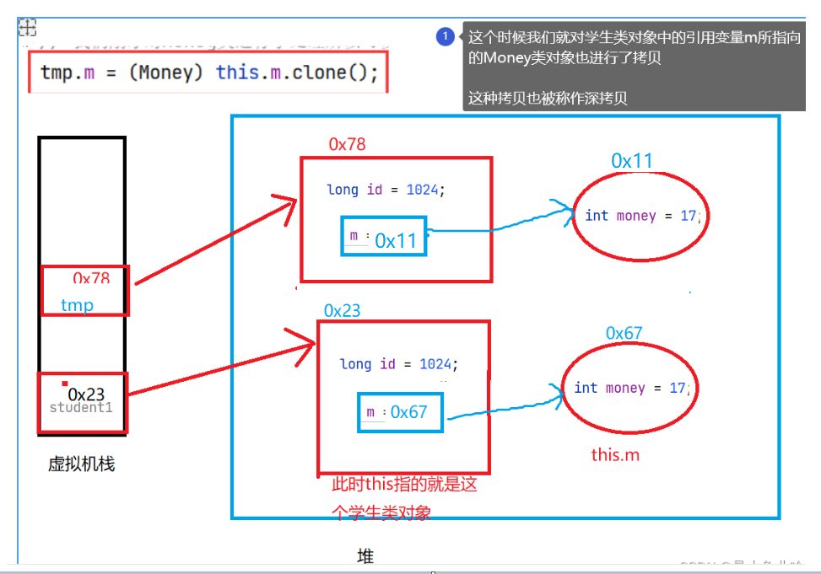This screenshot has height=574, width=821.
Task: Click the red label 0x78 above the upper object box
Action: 347,144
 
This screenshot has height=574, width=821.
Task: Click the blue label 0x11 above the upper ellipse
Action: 632,161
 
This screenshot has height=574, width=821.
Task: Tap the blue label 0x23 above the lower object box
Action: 341,310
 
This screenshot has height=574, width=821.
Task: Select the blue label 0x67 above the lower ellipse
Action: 624,333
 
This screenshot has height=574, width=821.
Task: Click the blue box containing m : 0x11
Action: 384,236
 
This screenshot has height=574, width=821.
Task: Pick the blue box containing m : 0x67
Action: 400,412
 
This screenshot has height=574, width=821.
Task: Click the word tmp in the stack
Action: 77,305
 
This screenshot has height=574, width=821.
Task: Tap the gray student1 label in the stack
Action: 81,408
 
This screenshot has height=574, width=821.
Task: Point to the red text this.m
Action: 615,455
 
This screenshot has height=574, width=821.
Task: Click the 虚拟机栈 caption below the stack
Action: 81,464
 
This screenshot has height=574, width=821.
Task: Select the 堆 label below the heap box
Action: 365,556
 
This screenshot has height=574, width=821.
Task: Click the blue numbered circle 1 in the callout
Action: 446,37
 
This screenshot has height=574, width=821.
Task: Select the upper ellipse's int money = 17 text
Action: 640,216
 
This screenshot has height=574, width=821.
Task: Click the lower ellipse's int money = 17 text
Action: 630,388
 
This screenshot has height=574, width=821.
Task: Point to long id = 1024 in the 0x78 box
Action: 385,190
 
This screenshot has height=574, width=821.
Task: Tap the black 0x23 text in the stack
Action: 86,394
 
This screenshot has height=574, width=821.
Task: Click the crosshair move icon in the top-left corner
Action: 27,28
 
